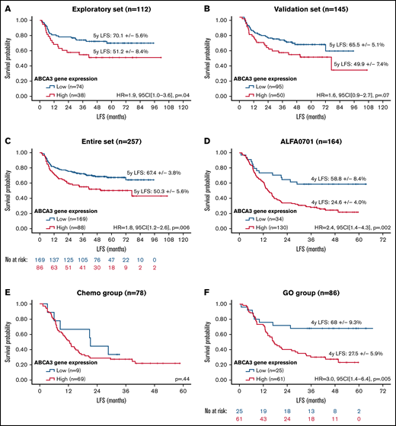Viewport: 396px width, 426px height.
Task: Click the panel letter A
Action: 5,8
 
